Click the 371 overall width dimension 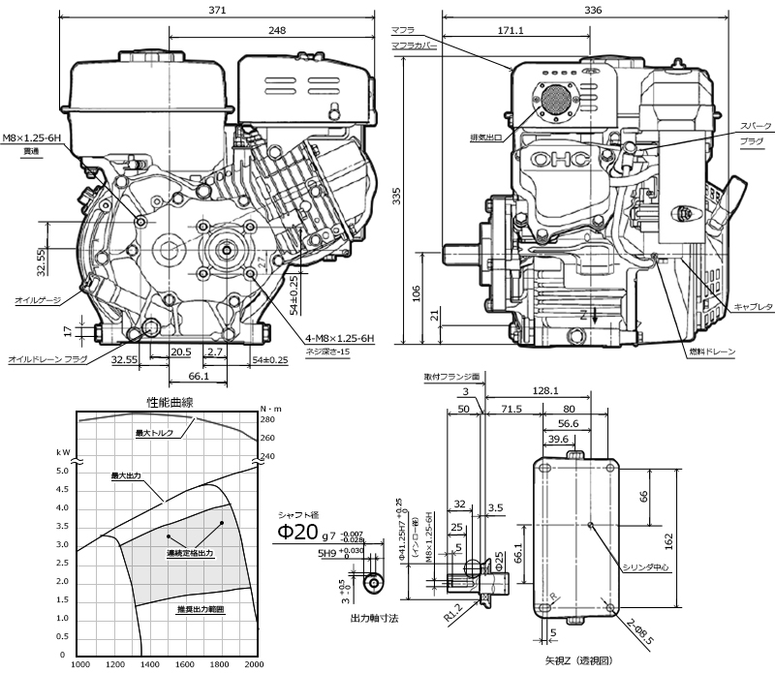(x=217, y=11)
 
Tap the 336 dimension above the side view (x=593, y=11)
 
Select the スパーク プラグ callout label (x=752, y=134)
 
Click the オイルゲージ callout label (x=36, y=300)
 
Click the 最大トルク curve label (x=155, y=433)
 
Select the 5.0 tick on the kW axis (x=63, y=471)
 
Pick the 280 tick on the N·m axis (x=268, y=420)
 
